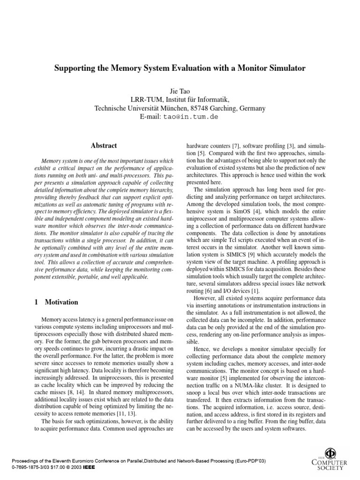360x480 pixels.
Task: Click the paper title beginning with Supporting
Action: [x=180, y=68]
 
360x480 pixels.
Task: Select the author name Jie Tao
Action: [x=180, y=91]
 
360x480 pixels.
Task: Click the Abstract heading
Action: [x=104, y=146]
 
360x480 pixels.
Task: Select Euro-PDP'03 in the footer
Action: [x=248, y=461]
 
